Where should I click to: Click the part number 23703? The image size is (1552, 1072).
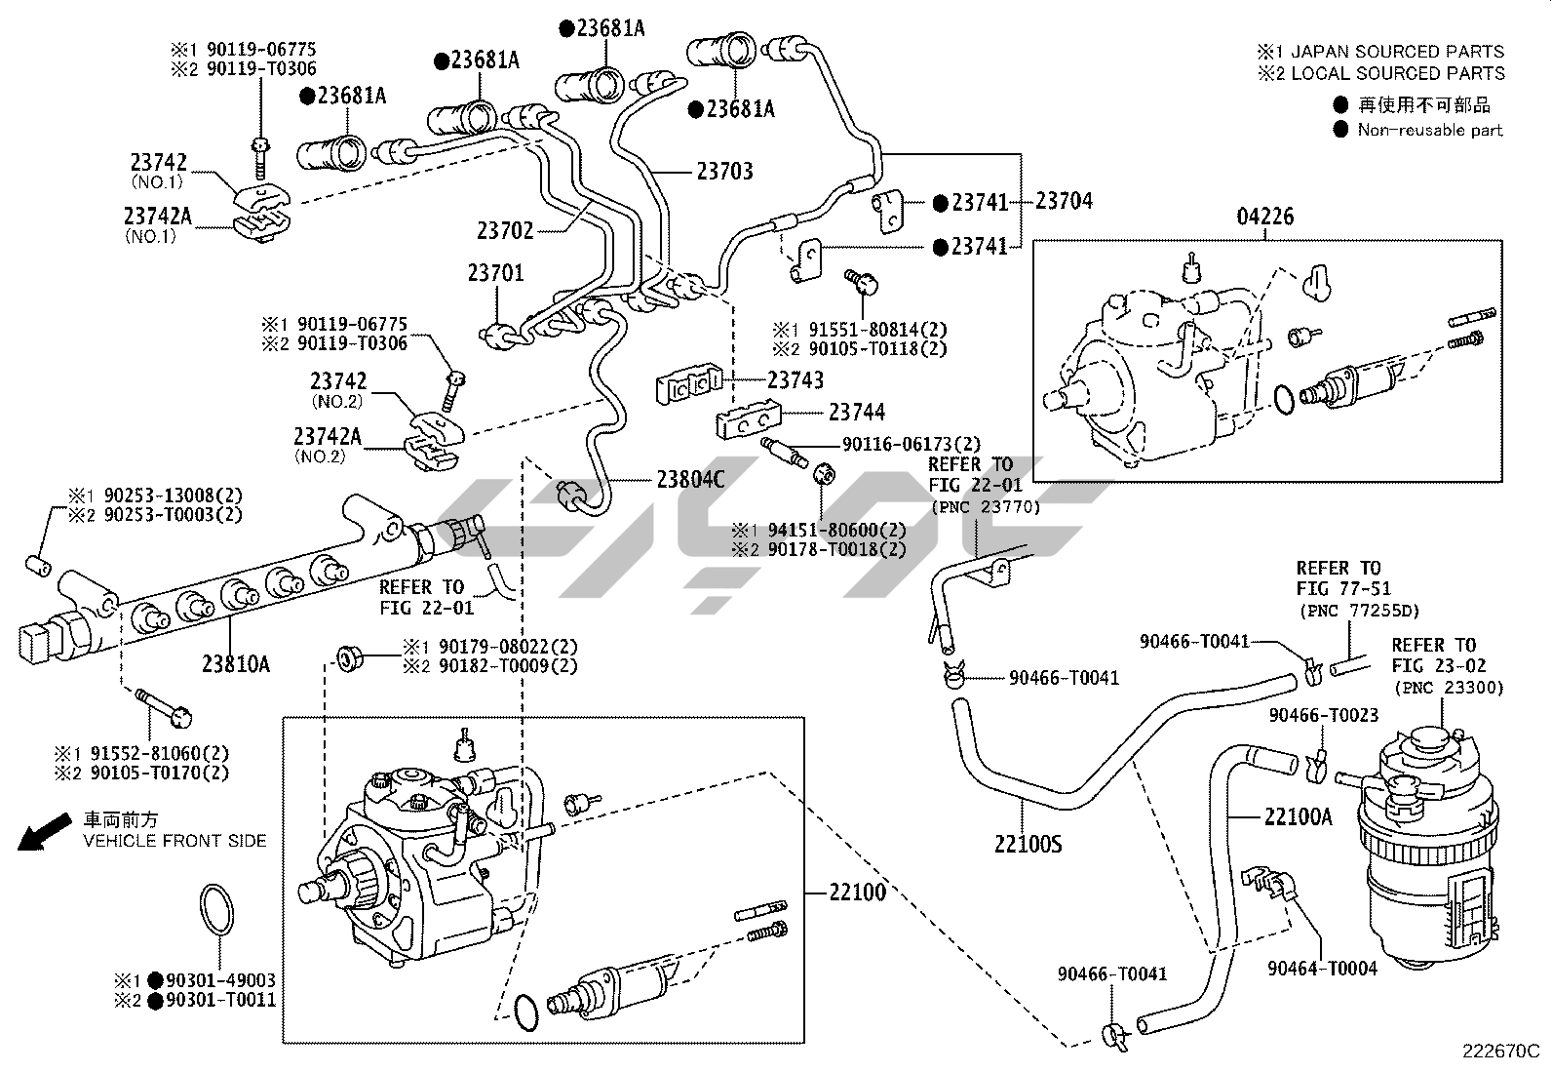pyautogui.click(x=724, y=172)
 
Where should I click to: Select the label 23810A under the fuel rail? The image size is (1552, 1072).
pyautogui.click(x=236, y=664)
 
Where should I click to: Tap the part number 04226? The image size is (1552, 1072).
pyautogui.click(x=1265, y=217)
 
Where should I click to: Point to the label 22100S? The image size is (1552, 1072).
pyautogui.click(x=1028, y=844)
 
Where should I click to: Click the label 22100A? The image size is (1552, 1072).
pyautogui.click(x=1298, y=816)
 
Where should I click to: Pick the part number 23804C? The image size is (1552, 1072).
pyautogui.click(x=691, y=479)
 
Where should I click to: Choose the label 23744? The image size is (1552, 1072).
pyautogui.click(x=857, y=413)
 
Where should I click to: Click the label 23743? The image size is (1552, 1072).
pyautogui.click(x=795, y=379)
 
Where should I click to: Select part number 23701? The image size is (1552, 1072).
pyautogui.click(x=495, y=272)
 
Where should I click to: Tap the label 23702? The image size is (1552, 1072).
pyautogui.click(x=505, y=231)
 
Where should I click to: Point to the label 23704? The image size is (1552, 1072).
pyautogui.click(x=1064, y=201)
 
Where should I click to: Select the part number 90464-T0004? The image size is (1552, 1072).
pyautogui.click(x=1322, y=968)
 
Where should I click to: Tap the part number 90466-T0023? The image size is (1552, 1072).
pyautogui.click(x=1323, y=715)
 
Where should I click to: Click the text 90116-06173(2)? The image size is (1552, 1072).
pyautogui.click(x=912, y=444)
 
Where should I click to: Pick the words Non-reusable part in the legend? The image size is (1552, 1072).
pyautogui.click(x=1430, y=130)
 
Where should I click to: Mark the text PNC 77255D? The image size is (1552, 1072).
pyautogui.click(x=1358, y=611)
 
